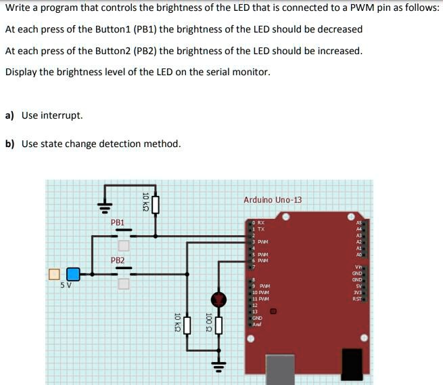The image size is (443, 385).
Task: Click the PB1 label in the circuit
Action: tap(118, 222)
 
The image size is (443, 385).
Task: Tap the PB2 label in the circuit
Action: tap(118, 260)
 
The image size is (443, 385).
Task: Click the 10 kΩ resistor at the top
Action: tap(156, 203)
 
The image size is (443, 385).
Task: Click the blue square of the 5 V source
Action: tap(73, 275)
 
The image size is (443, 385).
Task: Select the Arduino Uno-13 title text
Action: tap(273, 199)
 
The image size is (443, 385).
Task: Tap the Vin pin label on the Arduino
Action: tap(358, 268)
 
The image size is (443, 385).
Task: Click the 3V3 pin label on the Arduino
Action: tap(357, 292)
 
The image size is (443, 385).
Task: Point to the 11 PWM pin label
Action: tap(260, 299)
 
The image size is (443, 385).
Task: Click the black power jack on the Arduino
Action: tap(351, 365)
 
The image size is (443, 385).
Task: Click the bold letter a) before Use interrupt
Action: tap(9, 115)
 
